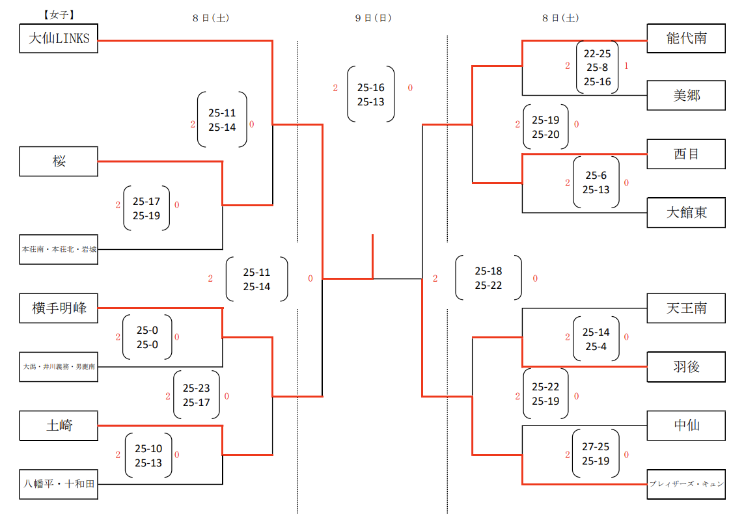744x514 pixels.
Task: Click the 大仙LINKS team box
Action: pos(59,38)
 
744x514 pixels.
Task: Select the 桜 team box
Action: pos(59,161)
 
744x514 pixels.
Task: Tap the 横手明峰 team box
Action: pos(59,308)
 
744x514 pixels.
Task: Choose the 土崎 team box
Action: pos(59,426)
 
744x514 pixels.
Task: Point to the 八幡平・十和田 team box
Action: pos(59,484)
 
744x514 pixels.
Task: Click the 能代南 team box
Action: pos(686,38)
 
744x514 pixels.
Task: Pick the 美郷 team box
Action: pos(686,96)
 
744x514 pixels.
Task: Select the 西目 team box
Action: pos(686,154)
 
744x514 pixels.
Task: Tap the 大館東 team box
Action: pos(686,212)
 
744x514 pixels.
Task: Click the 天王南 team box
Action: pos(686,308)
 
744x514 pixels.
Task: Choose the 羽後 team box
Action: pos(686,366)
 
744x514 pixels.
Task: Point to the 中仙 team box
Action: pos(686,426)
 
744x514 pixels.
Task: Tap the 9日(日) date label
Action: pos(373,18)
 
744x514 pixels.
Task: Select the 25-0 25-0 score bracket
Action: pos(147,338)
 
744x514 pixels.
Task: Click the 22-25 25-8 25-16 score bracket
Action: pos(597,68)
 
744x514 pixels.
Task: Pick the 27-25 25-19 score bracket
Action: pos(596,454)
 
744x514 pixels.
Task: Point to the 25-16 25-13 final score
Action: pos(371,94)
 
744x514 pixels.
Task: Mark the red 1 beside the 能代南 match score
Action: pos(626,66)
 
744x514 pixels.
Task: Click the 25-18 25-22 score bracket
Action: pos(488,278)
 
